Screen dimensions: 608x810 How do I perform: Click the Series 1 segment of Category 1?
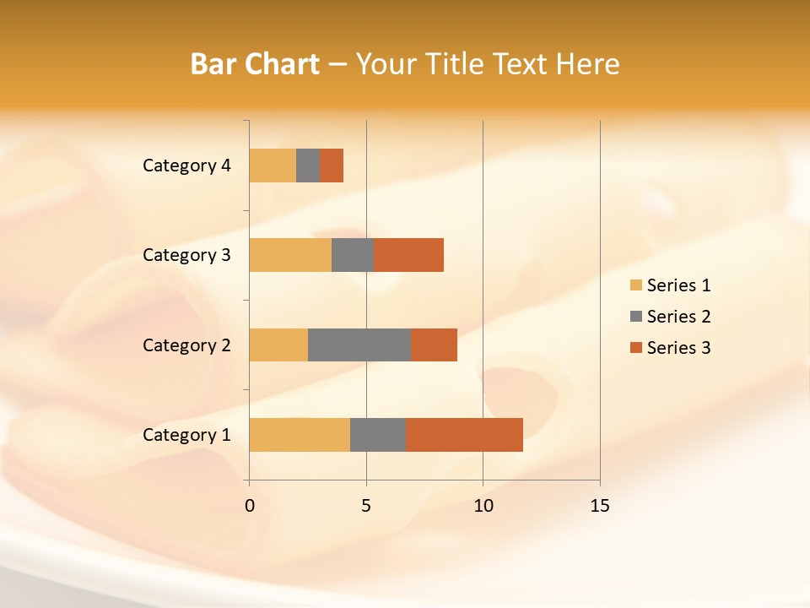pyautogui.click(x=300, y=434)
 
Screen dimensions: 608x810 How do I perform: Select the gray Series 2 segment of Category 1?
pyautogui.click(x=378, y=434)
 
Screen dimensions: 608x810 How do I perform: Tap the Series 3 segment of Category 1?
pyautogui.click(x=464, y=434)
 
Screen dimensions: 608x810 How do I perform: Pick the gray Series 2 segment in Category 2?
pyautogui.click(x=359, y=345)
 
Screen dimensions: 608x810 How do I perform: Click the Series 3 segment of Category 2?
pyautogui.click(x=434, y=345)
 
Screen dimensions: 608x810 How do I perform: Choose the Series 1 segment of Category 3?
pyautogui.click(x=290, y=255)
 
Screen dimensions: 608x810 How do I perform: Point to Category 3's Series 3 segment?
pyautogui.click(x=408, y=255)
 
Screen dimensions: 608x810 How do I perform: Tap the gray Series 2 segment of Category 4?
pyautogui.click(x=308, y=166)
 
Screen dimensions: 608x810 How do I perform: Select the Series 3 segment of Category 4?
pyautogui.click(x=332, y=166)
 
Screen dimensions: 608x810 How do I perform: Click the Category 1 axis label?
pyautogui.click(x=186, y=435)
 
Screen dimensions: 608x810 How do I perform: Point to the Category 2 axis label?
pyautogui.click(x=186, y=345)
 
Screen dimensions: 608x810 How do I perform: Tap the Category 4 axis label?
pyautogui.click(x=186, y=166)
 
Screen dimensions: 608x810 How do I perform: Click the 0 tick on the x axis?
pyautogui.click(x=250, y=506)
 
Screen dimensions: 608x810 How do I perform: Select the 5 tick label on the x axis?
pyautogui.click(x=366, y=506)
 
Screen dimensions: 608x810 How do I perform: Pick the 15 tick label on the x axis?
pyautogui.click(x=599, y=506)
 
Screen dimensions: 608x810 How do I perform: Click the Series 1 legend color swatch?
pyautogui.click(x=635, y=285)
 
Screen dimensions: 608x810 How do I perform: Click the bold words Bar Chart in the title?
pyautogui.click(x=255, y=64)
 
